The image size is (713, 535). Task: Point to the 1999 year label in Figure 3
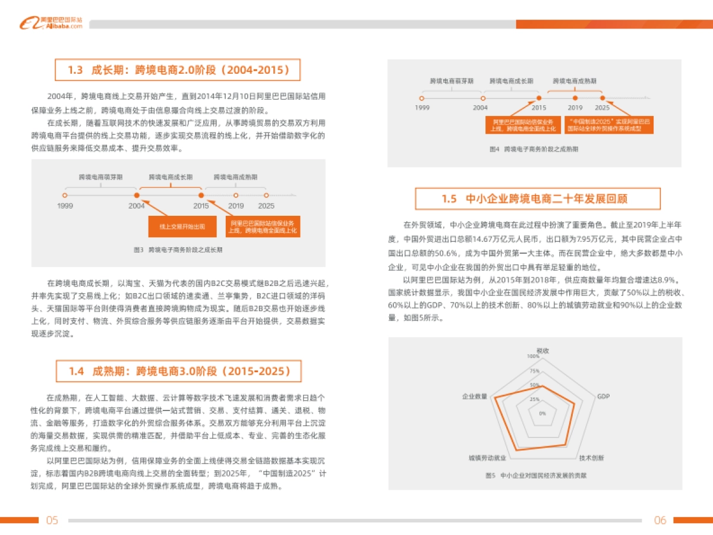(65, 206)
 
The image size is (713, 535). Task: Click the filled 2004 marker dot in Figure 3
(137, 195)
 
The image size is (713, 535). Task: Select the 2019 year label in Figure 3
(236, 206)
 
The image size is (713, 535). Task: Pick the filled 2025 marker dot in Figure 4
(602, 97)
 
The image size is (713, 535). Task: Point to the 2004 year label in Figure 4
(480, 108)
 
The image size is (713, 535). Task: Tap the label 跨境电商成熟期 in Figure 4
(575, 80)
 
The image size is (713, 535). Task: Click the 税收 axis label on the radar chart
(542, 351)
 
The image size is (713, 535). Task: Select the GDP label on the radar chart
(603, 396)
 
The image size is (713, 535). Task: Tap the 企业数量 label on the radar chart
(474, 396)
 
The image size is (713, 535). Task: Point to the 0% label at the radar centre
(542, 413)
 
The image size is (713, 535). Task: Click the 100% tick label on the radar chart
(532, 357)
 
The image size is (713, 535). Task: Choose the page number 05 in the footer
(52, 520)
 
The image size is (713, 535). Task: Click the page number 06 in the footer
(660, 520)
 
